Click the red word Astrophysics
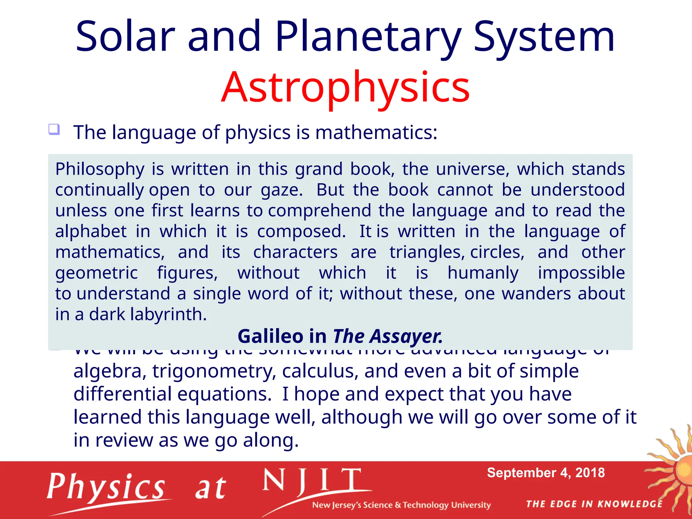345,87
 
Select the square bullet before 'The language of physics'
54,129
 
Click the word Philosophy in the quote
100,169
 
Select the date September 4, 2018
546,473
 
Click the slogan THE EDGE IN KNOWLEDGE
594,504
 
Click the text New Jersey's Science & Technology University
401,505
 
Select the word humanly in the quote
483,273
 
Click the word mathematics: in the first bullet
376,132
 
